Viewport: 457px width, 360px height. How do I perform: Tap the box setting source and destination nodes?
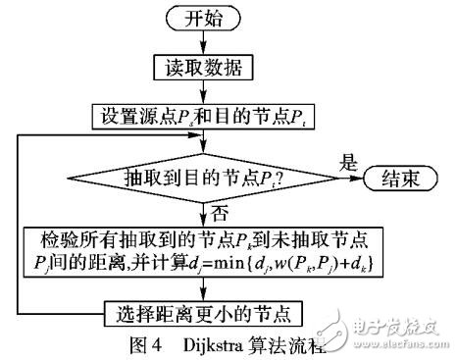click(x=202, y=115)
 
